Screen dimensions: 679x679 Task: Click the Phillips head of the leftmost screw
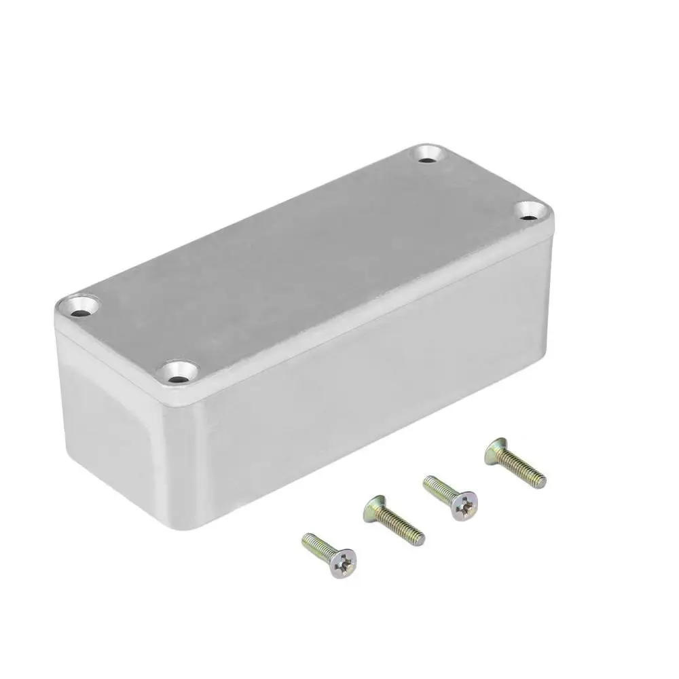pos(342,562)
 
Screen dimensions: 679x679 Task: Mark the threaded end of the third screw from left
pos(428,483)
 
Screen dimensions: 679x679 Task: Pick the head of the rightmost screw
pos(496,450)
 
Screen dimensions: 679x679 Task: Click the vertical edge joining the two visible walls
pos(170,462)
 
